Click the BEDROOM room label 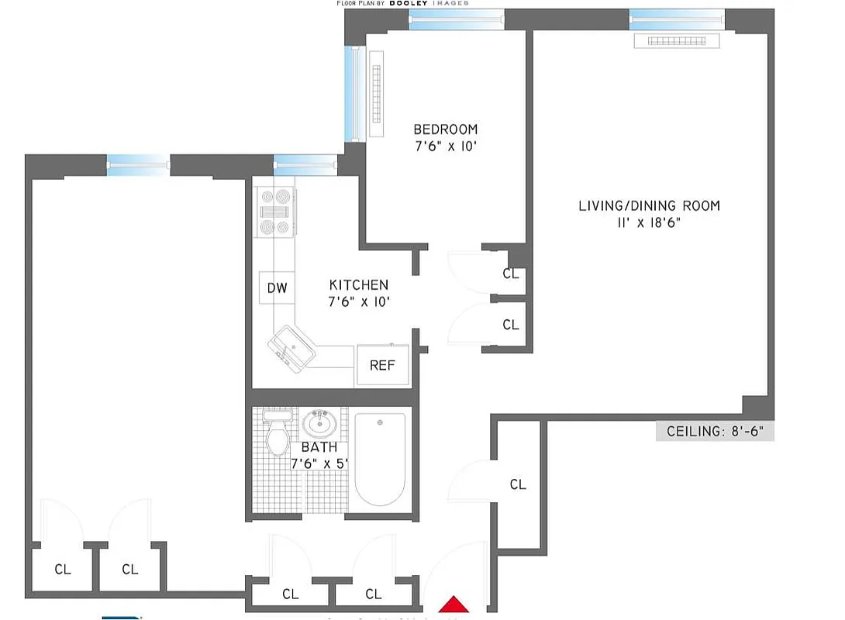point(445,129)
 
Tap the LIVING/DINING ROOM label point(649,205)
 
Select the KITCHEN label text point(358,285)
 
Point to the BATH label point(319,447)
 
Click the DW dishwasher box point(277,288)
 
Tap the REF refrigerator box point(382,365)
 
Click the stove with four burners point(275,212)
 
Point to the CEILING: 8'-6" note point(715,431)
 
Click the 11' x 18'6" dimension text point(649,222)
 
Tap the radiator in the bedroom point(377,94)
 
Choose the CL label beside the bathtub point(518,484)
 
